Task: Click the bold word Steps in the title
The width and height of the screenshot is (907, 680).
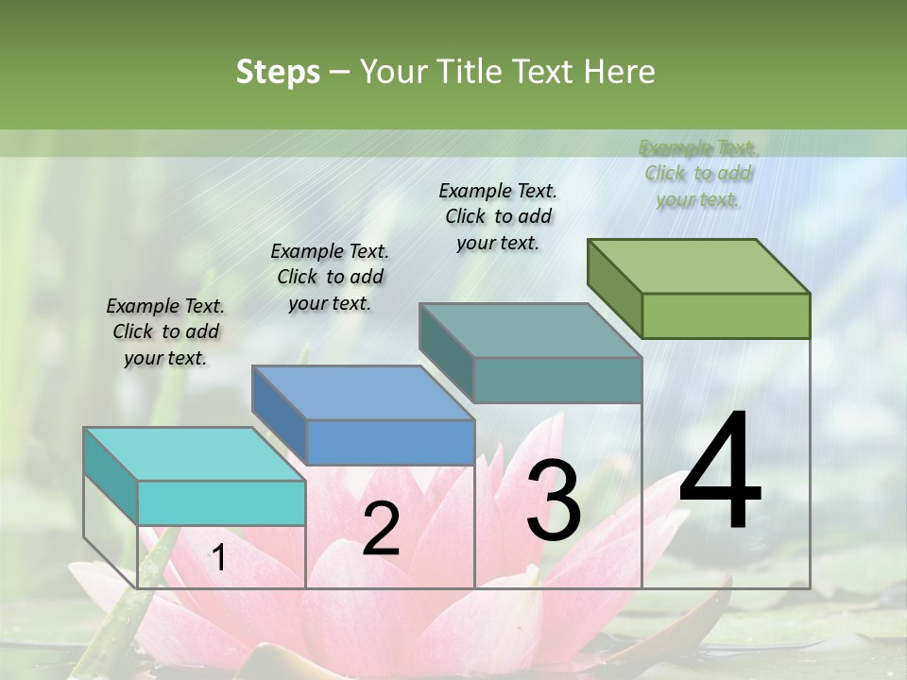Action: pos(278,72)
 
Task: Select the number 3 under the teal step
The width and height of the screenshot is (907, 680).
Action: pos(554,501)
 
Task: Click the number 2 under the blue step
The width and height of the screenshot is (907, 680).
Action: pos(381,529)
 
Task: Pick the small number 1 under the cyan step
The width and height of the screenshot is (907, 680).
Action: pos(218,559)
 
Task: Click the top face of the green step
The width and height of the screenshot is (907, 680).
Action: pos(699,265)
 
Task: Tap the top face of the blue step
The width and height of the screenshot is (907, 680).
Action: pos(363,392)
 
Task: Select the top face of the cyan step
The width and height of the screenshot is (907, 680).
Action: pos(195,453)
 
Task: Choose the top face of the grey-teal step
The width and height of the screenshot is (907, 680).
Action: pos(531,330)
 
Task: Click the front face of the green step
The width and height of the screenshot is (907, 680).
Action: pos(726,315)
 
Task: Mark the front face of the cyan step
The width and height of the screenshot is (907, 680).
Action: pos(221,502)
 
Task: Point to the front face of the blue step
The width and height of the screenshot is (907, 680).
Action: pos(390,442)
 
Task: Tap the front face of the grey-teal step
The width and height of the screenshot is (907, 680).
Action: pos(557,380)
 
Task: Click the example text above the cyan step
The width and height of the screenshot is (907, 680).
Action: pos(165,331)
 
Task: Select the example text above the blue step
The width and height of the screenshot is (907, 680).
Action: pos(330,277)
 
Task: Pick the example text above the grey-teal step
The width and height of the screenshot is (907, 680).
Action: pos(498,216)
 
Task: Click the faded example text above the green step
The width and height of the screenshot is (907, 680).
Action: pos(698,173)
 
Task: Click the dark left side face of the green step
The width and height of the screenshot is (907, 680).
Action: pos(614,287)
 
